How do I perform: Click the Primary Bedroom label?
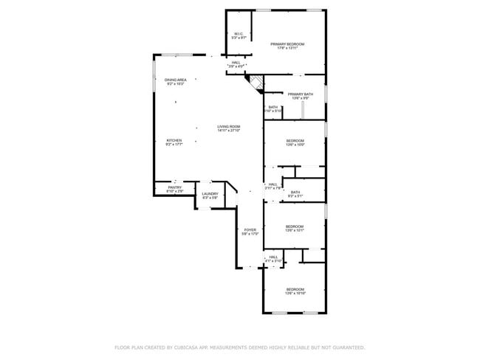tap(287, 44)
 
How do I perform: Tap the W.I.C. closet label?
tap(239, 35)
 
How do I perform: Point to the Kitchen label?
tap(174, 140)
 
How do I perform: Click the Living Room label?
tap(228, 126)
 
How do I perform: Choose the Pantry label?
tap(174, 187)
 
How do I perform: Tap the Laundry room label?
tap(210, 194)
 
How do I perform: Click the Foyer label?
tap(250, 230)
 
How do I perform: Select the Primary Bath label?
tap(300, 94)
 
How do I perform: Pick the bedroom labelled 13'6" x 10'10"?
tap(295, 289)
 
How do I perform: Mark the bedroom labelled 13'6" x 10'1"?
tap(295, 226)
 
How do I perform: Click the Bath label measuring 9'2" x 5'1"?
tap(295, 193)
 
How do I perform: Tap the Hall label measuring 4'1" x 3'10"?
tap(273, 257)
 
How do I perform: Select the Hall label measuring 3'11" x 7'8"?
tap(272, 184)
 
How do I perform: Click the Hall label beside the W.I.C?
tap(236, 63)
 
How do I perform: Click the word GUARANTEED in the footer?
tap(346, 347)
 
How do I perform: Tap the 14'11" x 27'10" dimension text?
tap(229, 130)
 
